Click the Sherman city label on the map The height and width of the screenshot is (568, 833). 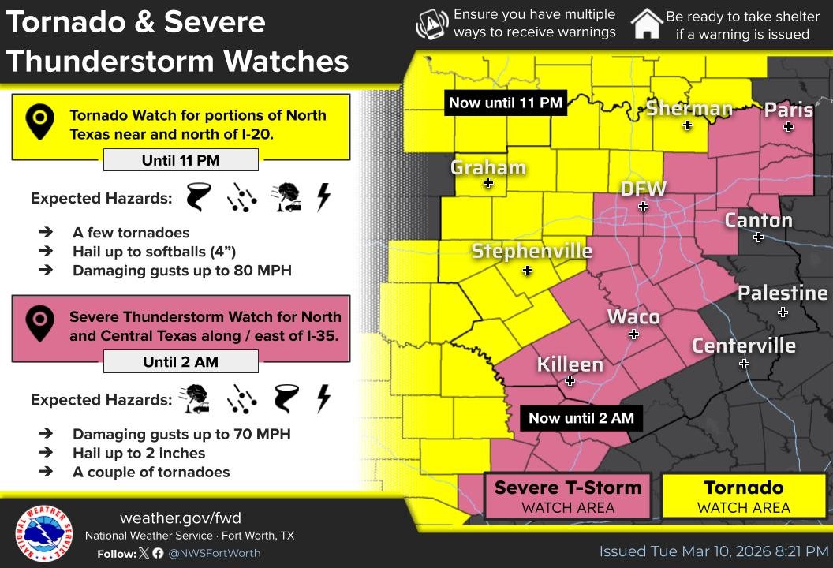689,108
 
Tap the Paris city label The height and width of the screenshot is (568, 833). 788,110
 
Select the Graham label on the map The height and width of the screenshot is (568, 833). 487,167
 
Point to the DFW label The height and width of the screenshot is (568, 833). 643,189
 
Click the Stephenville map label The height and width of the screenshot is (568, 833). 531,251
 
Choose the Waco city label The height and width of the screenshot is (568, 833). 633,317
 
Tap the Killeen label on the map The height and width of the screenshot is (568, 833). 570,364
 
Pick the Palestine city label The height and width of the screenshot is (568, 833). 782,293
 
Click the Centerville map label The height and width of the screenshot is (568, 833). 743,346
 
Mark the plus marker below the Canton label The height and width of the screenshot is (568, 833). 758,237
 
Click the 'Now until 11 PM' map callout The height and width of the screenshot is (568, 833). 506,103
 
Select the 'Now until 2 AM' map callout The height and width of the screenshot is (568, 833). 581,418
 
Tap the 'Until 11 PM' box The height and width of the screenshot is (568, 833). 181,161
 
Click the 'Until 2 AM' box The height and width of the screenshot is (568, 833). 181,363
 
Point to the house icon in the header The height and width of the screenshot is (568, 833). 646,24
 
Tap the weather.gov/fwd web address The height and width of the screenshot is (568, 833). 180,518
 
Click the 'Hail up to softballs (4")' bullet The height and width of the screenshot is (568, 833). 154,252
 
